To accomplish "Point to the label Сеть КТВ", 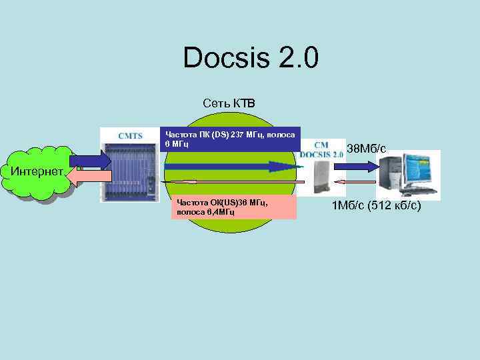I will (x=229, y=103).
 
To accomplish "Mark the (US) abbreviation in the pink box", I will (x=229, y=203).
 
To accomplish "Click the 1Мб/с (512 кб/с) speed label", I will (x=376, y=207).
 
